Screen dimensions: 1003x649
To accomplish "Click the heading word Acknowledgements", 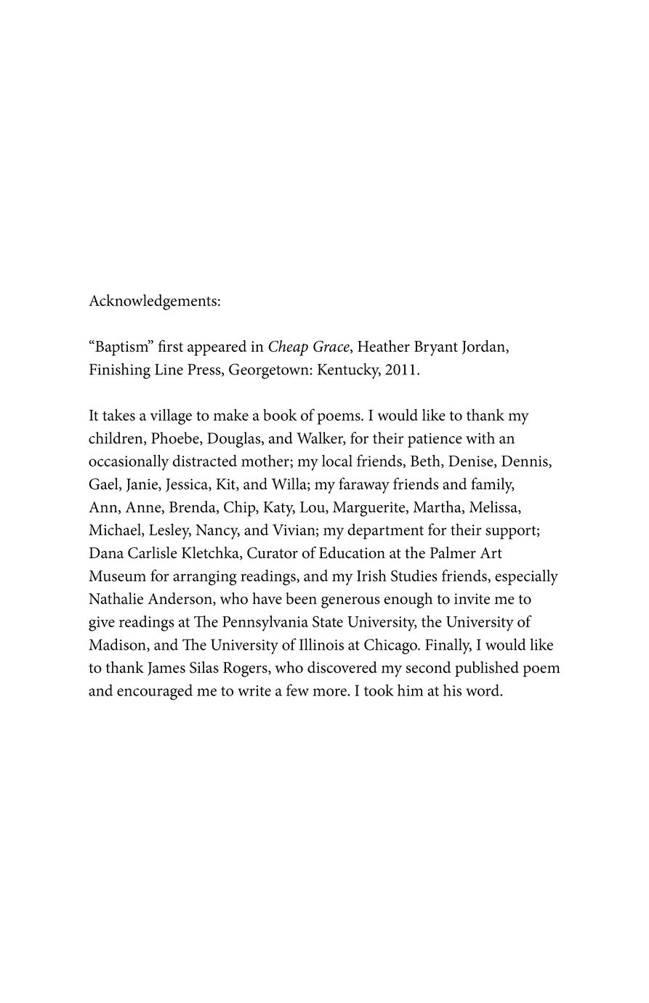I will [154, 301].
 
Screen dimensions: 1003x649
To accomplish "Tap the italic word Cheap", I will [288, 347].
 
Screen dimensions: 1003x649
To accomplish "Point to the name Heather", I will [383, 347].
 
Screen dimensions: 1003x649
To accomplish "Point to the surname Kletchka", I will [206, 553].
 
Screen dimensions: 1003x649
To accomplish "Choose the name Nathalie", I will [116, 600].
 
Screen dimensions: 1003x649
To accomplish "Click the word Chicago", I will [391, 645].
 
